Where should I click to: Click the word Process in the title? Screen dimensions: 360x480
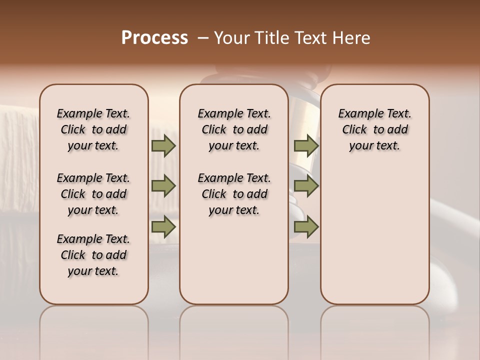(x=154, y=38)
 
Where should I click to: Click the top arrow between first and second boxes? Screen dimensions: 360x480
(x=163, y=146)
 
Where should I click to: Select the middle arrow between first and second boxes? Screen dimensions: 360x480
(x=163, y=186)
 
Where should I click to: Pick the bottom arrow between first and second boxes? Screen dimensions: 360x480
(x=163, y=227)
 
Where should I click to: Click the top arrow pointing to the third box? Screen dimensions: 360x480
(x=306, y=146)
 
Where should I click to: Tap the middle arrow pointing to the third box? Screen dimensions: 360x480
(x=306, y=186)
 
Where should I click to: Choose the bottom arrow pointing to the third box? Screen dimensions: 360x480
(x=306, y=227)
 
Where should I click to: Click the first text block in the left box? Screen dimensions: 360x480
(x=93, y=129)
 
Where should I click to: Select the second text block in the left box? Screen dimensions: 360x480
(x=93, y=194)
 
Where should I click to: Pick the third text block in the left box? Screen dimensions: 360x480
(x=93, y=255)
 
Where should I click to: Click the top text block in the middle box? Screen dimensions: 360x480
(x=234, y=129)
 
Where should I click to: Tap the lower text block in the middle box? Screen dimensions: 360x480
(x=234, y=194)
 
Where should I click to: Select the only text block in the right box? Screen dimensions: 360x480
(x=374, y=129)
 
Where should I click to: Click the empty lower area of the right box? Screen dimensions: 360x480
(x=374, y=240)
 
